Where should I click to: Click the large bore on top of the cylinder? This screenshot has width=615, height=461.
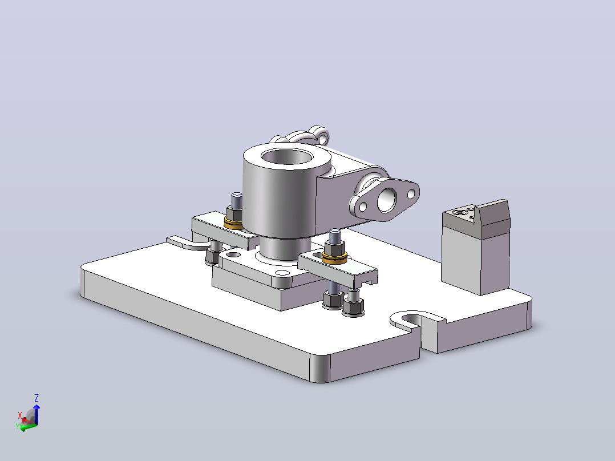point(287,157)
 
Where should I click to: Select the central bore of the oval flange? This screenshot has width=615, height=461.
point(387,200)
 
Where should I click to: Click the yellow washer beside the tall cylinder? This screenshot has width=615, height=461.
point(233,224)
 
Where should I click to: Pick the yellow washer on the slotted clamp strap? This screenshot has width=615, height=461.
point(334,258)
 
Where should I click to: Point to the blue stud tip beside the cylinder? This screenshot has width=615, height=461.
point(237,200)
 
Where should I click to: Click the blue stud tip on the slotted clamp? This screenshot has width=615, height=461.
point(334,236)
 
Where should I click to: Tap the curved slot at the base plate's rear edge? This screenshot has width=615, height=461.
point(184,243)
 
